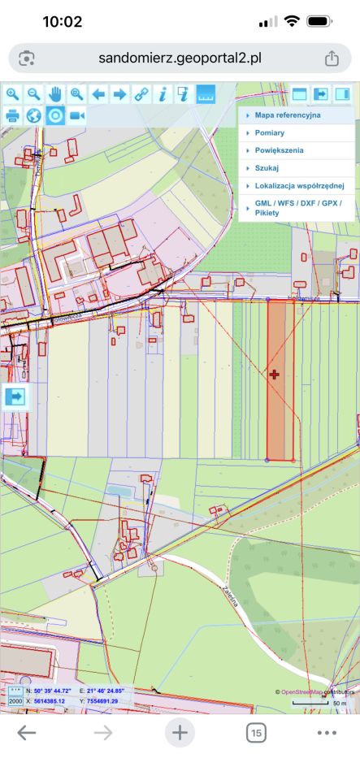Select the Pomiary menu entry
pos(269,132)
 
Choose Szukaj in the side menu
pos(267,168)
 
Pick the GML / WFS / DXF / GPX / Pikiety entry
pos(297,207)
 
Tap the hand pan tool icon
pos(55,94)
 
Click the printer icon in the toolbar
pos(13,115)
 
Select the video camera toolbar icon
pos(76,115)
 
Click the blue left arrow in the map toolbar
pos(98,94)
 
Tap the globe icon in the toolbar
pos(34,115)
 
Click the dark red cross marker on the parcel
pos(275,375)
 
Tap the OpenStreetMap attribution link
pos(301,691)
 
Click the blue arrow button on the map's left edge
pos(15,397)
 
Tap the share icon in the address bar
pos(332,58)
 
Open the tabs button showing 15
pos(256,734)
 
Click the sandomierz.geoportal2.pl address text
pos(180,58)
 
